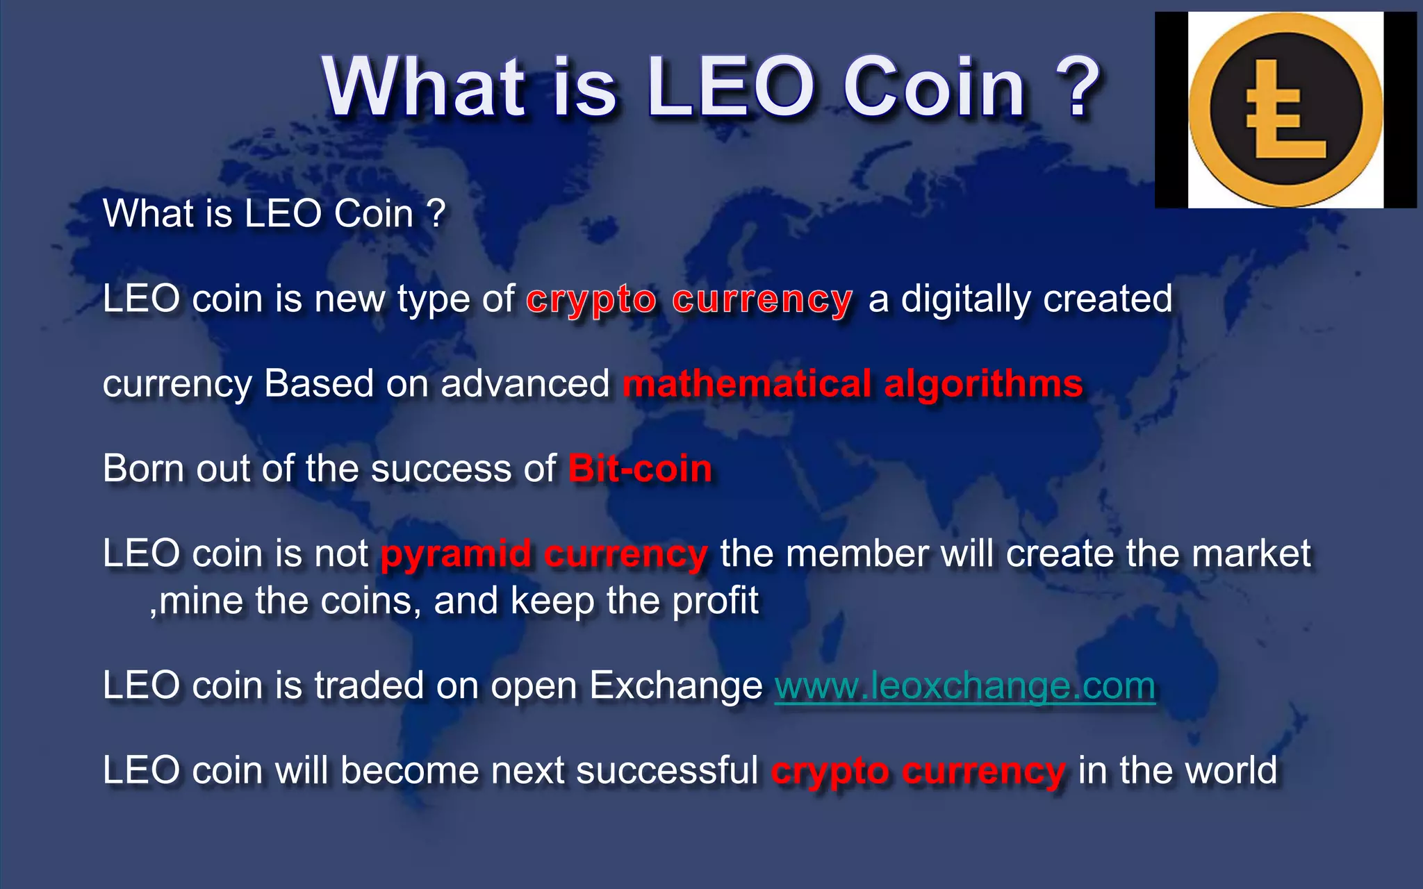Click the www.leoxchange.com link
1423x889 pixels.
[x=964, y=686]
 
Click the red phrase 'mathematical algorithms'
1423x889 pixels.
[x=853, y=384]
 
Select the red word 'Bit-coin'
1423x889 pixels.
[x=640, y=469]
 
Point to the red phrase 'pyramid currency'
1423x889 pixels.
[x=544, y=554]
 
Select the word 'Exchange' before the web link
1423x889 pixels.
[x=675, y=686]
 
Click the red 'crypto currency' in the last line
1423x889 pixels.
[x=918, y=772]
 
